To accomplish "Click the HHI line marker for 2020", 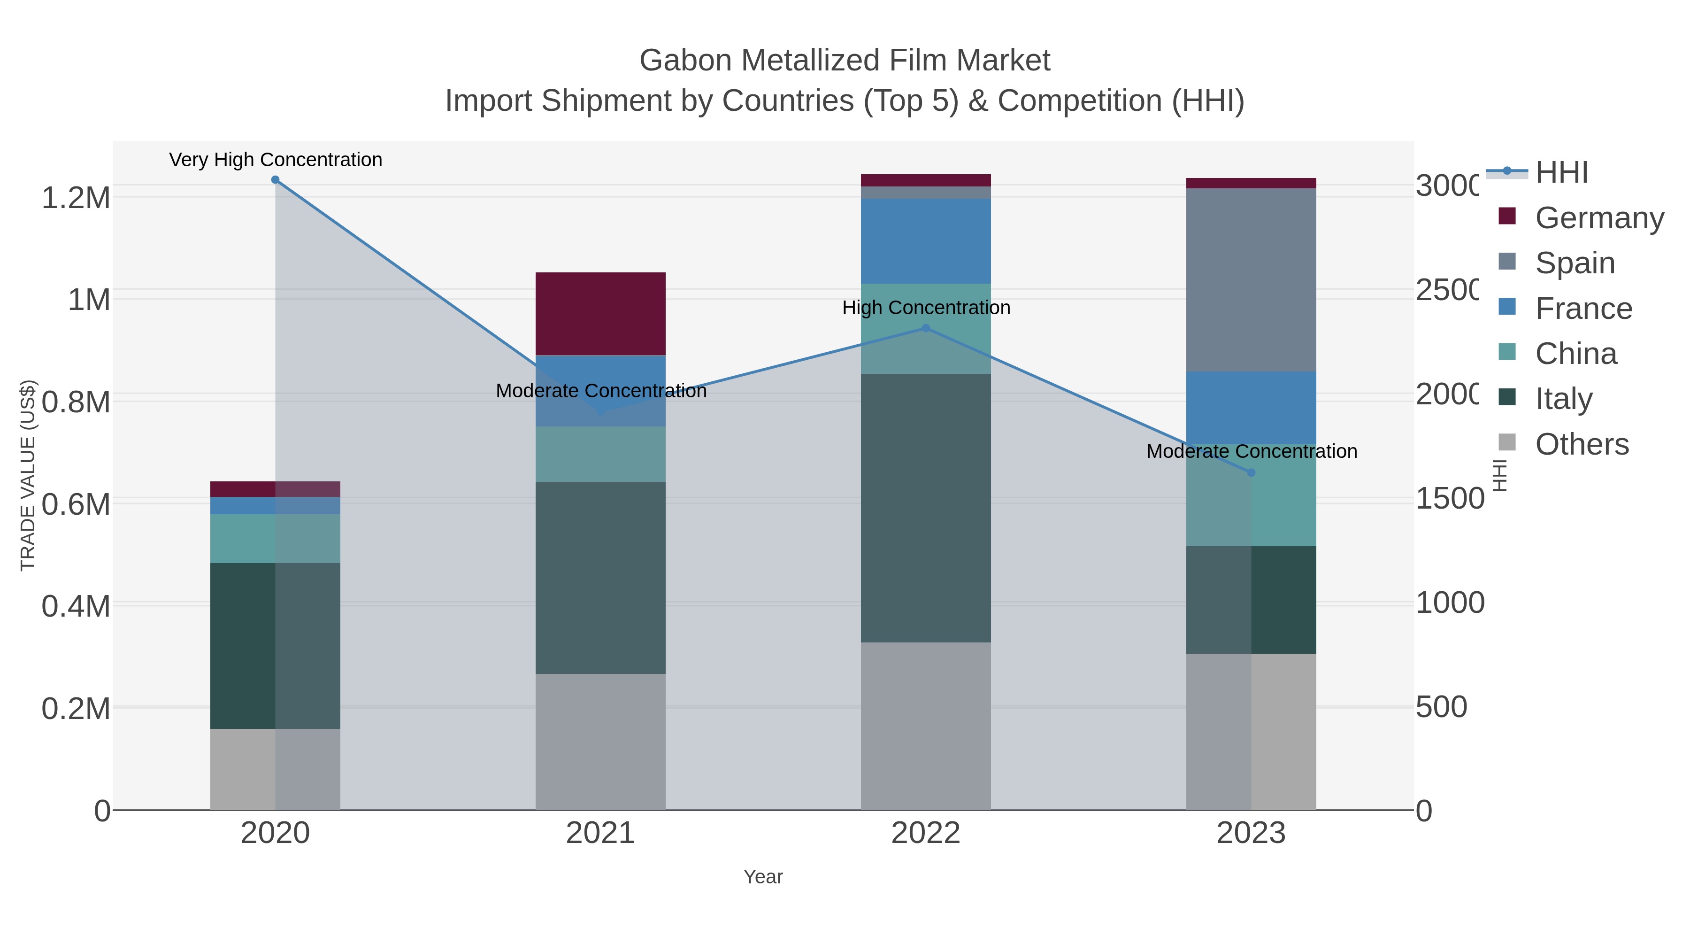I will tap(275, 180).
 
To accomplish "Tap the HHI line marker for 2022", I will tap(926, 328).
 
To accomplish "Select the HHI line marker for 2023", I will tap(1251, 472).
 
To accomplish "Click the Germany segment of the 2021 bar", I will tap(600, 314).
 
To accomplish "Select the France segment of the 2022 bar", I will tap(926, 241).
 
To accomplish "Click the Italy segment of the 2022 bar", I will tap(926, 508).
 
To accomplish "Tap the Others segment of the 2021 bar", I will tap(600, 742).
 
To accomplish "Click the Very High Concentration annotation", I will tap(276, 160).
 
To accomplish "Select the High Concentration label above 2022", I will tap(926, 307).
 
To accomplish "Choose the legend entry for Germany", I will tap(1599, 217).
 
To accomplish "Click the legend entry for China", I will tap(1576, 353).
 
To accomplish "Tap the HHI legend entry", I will tap(1561, 173).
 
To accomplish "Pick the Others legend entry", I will tap(1581, 444).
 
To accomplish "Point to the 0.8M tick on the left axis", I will tap(76, 402).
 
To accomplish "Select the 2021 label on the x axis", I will tap(600, 833).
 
